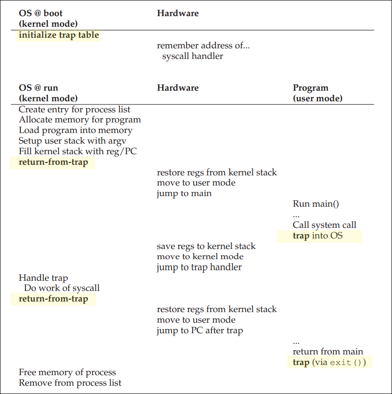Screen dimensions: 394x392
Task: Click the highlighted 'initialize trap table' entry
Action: click(59, 35)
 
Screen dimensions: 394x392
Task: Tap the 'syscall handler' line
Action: click(193, 56)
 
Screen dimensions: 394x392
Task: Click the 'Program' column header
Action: click(310, 88)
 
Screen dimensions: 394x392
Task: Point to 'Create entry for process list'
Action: click(75, 110)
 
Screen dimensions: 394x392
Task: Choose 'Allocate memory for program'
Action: click(80, 120)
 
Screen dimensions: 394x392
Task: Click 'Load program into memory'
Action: click(76, 130)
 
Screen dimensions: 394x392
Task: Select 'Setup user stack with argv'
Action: click(72, 141)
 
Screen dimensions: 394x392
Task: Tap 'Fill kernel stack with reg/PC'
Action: click(77, 151)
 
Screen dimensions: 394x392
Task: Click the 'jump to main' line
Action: click(184, 193)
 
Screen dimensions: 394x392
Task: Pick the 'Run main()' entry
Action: click(316, 204)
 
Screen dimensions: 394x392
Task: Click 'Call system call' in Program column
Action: click(324, 225)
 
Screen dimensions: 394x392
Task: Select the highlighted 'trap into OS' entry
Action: click(318, 236)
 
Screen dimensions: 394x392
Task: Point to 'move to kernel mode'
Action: click(200, 256)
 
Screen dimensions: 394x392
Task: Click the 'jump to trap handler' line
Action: click(199, 267)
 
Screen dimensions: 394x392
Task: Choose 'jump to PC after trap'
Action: click(199, 330)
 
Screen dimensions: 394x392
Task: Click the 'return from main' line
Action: click(328, 352)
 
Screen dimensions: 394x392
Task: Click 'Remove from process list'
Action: click(70, 383)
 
